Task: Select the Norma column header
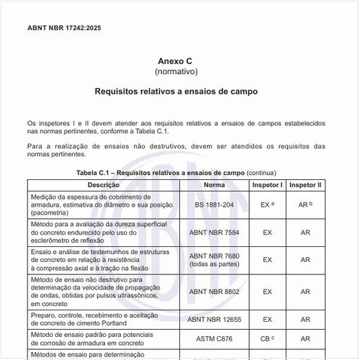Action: (214, 185)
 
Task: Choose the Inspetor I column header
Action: (267, 185)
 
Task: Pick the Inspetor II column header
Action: (305, 185)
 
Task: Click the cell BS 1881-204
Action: (214, 204)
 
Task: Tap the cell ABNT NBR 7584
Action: (214, 233)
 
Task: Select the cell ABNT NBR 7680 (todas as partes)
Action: (214, 261)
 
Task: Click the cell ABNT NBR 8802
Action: (214, 292)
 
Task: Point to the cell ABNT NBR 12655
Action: (214, 318)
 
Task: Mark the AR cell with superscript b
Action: (305, 204)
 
